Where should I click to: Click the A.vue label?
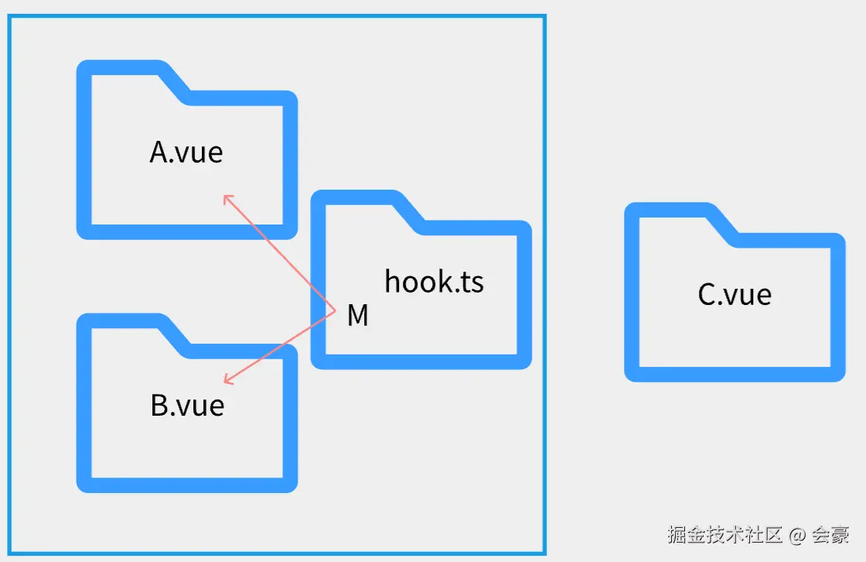186,152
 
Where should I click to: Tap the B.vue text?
187,406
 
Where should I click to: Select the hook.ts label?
434,282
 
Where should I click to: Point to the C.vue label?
735,294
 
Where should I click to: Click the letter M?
357,316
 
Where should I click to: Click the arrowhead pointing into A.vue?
226,197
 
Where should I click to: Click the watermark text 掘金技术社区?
725,534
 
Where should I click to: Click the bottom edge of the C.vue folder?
735,374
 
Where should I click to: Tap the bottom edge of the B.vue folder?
187,485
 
